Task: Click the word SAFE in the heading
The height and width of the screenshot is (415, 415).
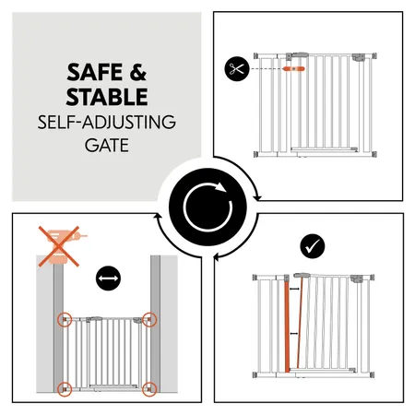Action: pyautogui.click(x=89, y=72)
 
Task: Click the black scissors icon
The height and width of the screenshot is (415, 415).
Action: pyautogui.click(x=235, y=68)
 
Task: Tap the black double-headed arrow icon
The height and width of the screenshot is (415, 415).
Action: pyautogui.click(x=107, y=276)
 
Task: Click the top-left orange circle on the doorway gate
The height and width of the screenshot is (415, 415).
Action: pyautogui.click(x=65, y=320)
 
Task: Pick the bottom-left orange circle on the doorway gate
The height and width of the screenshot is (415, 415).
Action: pyautogui.click(x=65, y=386)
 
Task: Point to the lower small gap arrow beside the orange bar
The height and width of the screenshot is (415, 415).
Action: pyautogui.click(x=287, y=365)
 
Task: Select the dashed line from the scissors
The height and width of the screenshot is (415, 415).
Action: pyautogui.click(x=267, y=68)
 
